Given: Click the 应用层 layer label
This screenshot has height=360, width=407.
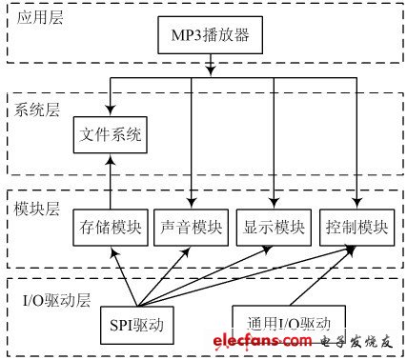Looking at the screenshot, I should pyautogui.click(x=38, y=18).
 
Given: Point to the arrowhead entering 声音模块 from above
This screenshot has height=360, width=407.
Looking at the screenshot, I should pyautogui.click(x=192, y=202).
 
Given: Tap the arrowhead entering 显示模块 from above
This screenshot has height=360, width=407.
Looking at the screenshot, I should pyautogui.click(x=275, y=202).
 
